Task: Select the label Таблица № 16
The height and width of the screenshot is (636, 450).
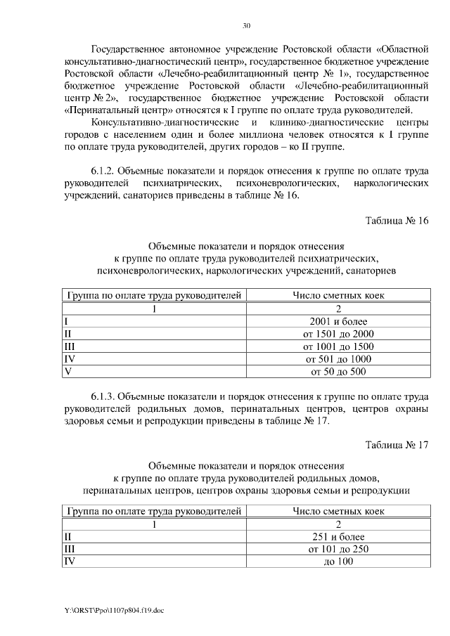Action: click(x=397, y=220)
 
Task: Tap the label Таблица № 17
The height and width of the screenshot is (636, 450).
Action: click(x=397, y=443)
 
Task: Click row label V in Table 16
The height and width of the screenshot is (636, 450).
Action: click(x=67, y=372)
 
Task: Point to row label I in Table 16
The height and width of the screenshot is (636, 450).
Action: click(x=65, y=321)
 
